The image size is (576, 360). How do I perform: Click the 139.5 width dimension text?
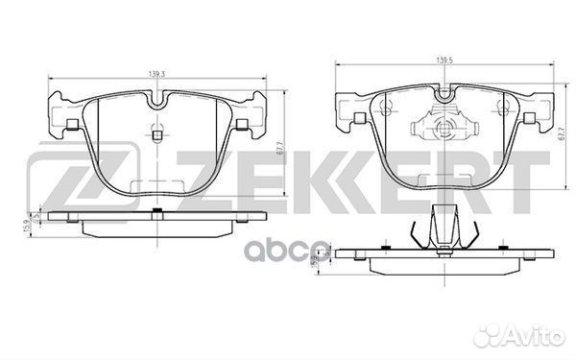[x=444, y=62]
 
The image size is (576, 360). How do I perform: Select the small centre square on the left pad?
[x=156, y=135]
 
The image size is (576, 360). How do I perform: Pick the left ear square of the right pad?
[x=355, y=118]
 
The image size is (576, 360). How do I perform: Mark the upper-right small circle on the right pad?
[x=502, y=104]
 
